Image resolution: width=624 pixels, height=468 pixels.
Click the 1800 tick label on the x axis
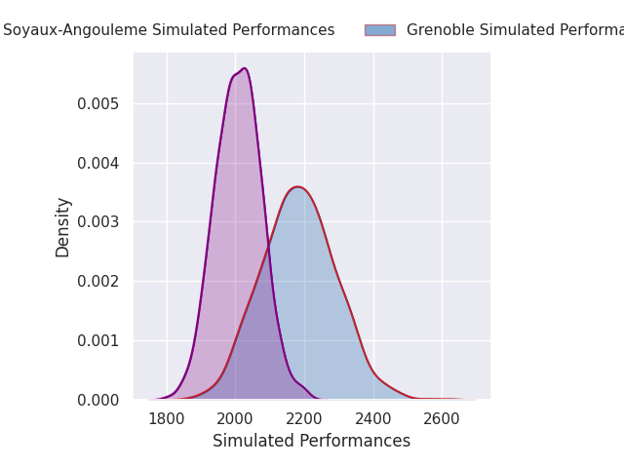167,419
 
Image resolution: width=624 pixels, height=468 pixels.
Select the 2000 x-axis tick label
235,419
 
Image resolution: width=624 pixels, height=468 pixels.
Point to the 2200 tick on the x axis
304,419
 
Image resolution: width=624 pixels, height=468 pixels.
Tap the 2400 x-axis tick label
372,419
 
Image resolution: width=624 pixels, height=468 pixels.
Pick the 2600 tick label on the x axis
442,419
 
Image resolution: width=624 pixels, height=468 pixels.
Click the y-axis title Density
63,226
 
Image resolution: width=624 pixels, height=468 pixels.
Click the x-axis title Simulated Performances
311,441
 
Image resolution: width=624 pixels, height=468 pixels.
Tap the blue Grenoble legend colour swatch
380,30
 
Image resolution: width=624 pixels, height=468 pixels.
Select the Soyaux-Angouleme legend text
169,30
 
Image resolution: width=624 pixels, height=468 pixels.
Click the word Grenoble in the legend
441,30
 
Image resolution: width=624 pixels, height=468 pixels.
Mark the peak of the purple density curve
244,68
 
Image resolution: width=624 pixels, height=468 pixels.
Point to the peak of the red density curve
297,187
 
